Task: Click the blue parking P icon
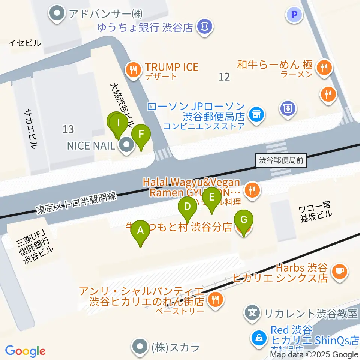[x=294, y=15]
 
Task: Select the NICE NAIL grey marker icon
[x=126, y=145]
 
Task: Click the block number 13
[x=68, y=129]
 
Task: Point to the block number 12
[x=224, y=77]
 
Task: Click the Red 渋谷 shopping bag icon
[x=259, y=337]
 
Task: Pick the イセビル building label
[x=25, y=43]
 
